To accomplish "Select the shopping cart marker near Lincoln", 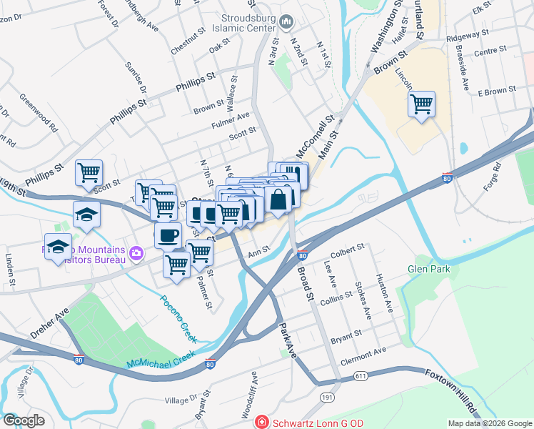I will point(422,104).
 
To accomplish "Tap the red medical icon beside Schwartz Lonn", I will point(263,423).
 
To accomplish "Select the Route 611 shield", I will point(360,376).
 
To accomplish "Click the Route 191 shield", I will point(328,397).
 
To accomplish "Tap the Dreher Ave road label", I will point(49,322).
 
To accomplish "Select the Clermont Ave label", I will point(363,352).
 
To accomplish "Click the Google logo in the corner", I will point(24,420).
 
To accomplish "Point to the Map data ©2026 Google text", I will point(489,423).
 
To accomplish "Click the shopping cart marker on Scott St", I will point(89,172).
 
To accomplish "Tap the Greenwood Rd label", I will point(39,112).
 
